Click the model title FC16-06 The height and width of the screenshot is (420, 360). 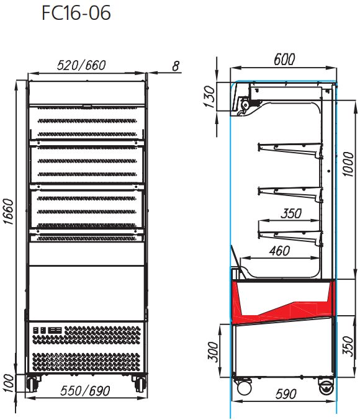click(76, 13)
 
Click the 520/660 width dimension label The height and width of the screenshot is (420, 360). click(81, 65)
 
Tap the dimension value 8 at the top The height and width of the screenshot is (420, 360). click(176, 66)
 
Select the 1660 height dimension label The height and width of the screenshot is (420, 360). click(8, 212)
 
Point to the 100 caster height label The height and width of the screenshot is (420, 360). click(9, 383)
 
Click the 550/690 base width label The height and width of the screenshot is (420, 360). click(85, 391)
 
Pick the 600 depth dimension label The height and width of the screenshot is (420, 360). click(284, 59)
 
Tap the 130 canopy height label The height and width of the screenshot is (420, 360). click(210, 96)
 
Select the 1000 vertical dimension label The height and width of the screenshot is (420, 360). click(348, 164)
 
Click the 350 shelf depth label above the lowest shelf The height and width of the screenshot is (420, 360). click(291, 213)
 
